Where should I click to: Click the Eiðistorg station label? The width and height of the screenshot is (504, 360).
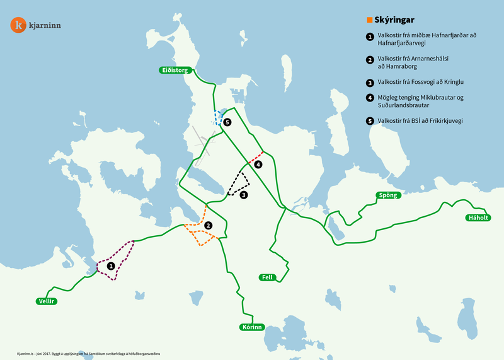[175, 71]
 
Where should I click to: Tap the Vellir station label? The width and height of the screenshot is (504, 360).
[47, 301]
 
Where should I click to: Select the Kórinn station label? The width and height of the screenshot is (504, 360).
[251, 327]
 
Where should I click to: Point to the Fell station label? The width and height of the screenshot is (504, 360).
[266, 277]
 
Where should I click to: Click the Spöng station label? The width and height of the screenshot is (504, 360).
[387, 195]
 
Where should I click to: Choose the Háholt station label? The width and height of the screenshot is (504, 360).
[478, 218]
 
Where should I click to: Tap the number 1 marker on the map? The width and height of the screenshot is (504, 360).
[111, 266]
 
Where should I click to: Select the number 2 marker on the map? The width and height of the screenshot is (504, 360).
[208, 225]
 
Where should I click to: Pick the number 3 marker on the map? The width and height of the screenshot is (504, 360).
[244, 195]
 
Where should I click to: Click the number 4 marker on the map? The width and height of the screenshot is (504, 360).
[258, 165]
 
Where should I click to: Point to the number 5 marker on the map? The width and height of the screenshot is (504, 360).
[227, 122]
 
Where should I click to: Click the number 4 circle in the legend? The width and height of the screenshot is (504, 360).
[369, 98]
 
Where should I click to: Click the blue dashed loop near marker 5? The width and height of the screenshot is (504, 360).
[217, 118]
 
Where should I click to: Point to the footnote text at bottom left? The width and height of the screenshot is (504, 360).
[88, 354]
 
